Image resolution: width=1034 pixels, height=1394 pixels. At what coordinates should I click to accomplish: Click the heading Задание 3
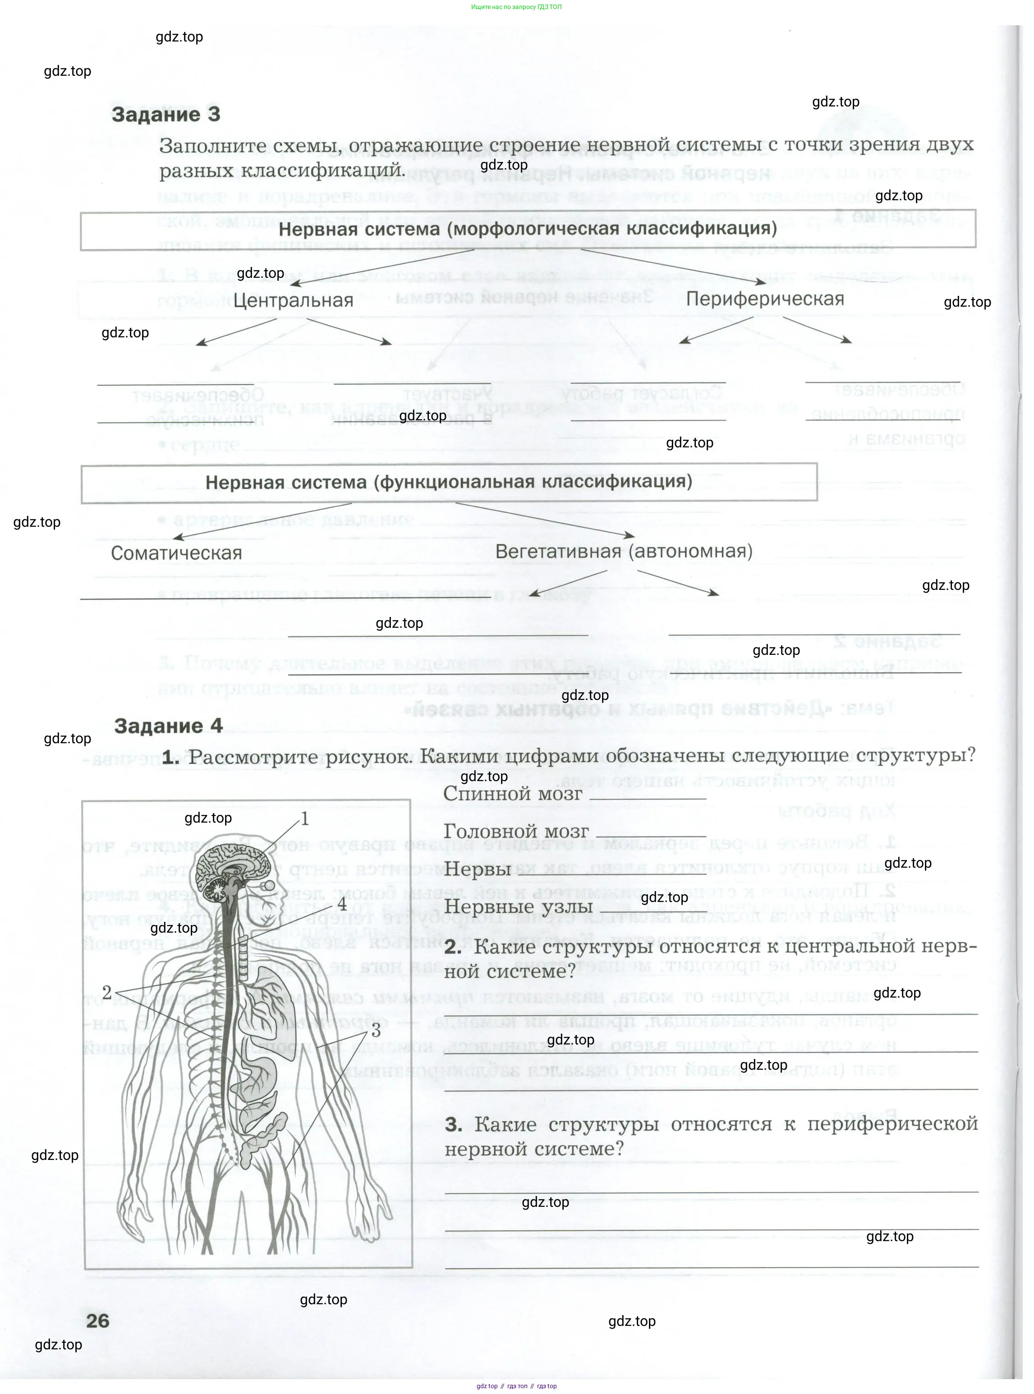(x=166, y=115)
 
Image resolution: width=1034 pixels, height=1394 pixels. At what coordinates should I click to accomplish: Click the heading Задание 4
(x=168, y=726)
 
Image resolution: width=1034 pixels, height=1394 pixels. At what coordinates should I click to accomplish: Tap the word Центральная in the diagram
(x=294, y=300)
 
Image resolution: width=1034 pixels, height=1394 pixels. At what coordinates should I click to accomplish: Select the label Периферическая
(x=765, y=299)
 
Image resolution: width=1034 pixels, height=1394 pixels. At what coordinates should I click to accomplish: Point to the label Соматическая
(x=176, y=553)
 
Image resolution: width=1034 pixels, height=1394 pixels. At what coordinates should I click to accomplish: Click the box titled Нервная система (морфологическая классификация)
(x=528, y=229)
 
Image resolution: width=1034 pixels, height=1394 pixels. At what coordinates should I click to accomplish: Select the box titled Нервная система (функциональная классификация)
(x=449, y=483)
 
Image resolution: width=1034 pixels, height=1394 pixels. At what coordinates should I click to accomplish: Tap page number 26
(x=98, y=1321)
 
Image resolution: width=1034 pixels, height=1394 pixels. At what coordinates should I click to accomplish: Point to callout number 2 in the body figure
(x=106, y=993)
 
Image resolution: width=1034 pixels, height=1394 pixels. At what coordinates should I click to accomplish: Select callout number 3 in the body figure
(x=376, y=1030)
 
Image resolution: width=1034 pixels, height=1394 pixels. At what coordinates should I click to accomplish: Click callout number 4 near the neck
(x=342, y=905)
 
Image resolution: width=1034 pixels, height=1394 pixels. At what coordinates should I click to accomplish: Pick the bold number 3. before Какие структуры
(x=453, y=1125)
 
